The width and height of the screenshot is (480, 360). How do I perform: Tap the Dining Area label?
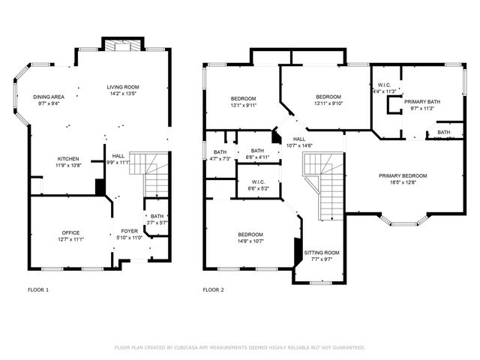click(x=47, y=97)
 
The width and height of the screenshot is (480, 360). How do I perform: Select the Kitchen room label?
click(x=69, y=159)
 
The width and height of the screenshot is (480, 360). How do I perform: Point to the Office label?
click(x=71, y=233)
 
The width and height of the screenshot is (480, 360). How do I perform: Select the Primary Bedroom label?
click(x=403, y=175)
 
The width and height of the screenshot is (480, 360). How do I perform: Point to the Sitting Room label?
click(x=322, y=253)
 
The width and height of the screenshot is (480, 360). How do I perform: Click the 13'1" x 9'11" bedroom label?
click(x=243, y=99)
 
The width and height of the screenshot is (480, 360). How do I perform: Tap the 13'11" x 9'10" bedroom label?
click(x=328, y=97)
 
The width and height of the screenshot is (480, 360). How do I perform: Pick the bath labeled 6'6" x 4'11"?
click(x=257, y=151)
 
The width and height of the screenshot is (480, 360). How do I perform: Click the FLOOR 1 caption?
click(x=37, y=289)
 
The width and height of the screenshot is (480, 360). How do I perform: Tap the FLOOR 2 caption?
click(x=213, y=289)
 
